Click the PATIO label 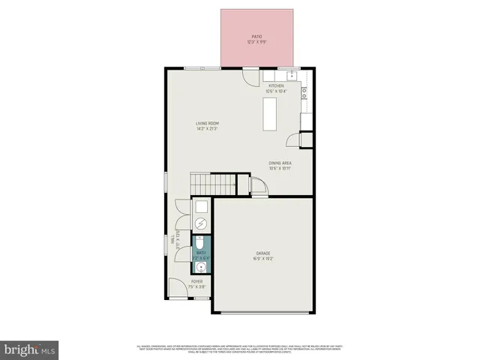[257, 36]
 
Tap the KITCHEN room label [276, 86]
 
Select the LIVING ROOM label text [207, 123]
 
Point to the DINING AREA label [280, 163]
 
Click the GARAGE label [262, 253]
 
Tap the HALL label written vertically [172, 240]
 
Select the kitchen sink [288, 76]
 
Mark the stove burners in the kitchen [304, 93]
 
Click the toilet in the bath [200, 244]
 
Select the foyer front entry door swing [177, 287]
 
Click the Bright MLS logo [30, 349]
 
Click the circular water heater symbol [200, 223]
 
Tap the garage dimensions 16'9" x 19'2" [262, 259]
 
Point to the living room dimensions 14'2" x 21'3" [207, 128]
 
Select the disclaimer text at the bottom [240, 348]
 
